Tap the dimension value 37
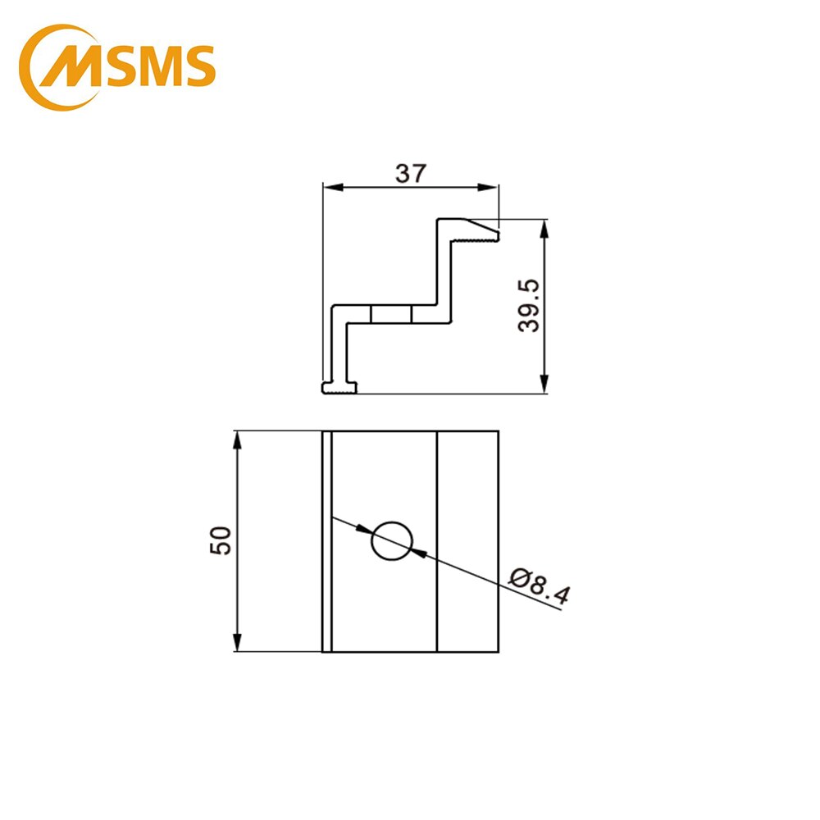(410, 174)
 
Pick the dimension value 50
(222, 541)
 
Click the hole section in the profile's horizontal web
(391, 315)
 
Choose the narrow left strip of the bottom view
(326, 541)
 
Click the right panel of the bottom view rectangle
(467, 541)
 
